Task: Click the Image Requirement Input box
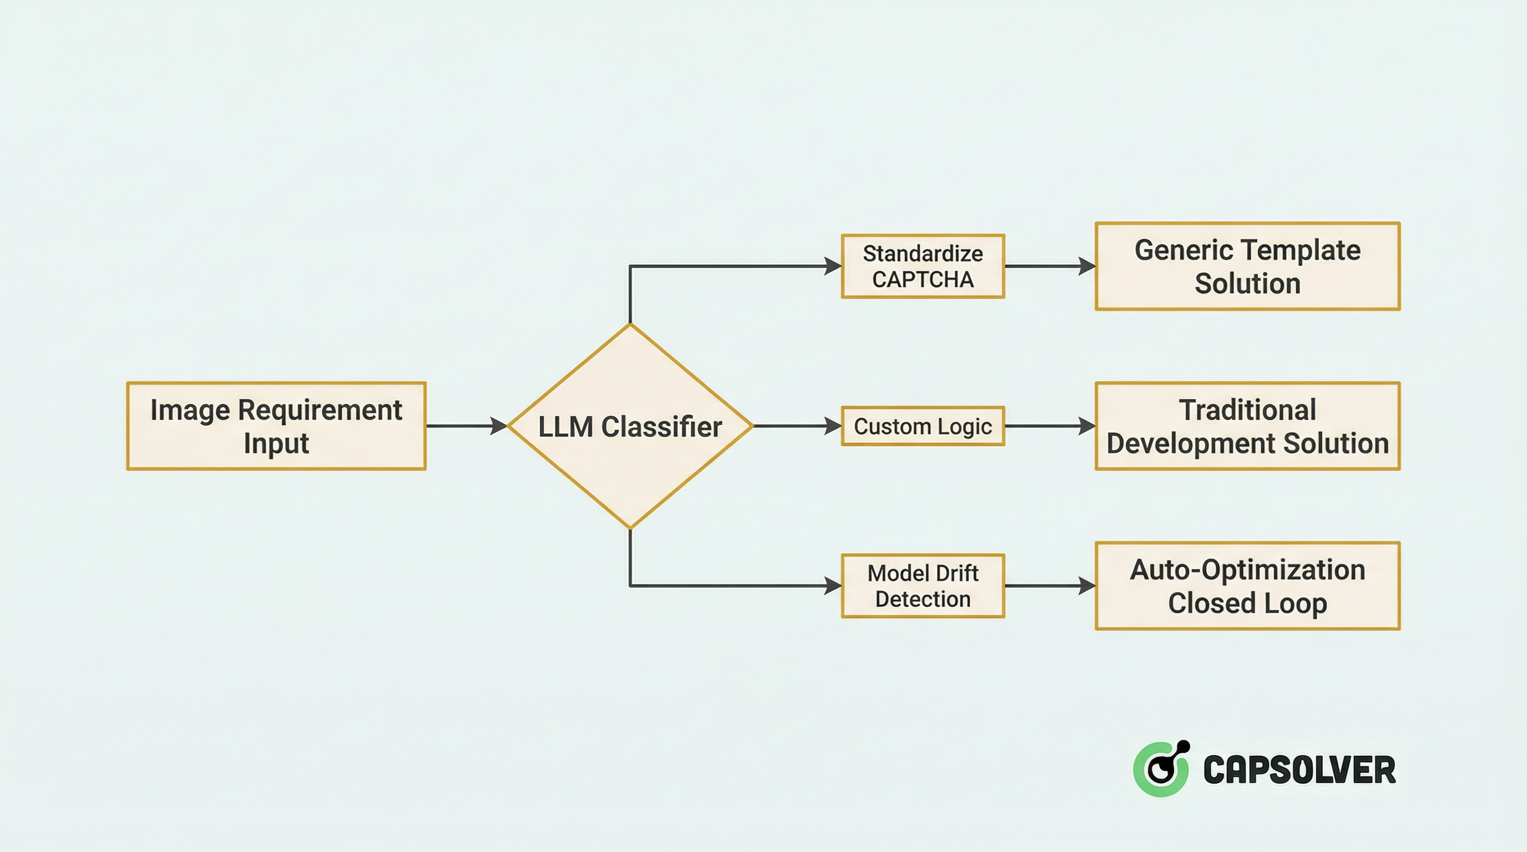pos(276,426)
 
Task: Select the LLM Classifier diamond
pos(630,426)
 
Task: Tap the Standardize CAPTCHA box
pos(923,266)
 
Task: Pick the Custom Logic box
pos(923,426)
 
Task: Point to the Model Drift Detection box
pos(923,586)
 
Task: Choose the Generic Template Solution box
pos(1247,266)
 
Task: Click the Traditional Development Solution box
pos(1247,426)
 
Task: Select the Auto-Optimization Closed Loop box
pos(1247,586)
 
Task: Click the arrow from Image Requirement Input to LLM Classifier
pos(466,426)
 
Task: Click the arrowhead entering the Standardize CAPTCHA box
pos(833,266)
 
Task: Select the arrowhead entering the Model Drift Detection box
pos(833,586)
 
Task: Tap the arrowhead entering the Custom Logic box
pos(833,426)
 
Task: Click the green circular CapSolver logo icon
pos(1161,769)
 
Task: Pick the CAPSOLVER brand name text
pos(1300,770)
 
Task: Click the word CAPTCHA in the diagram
pos(923,280)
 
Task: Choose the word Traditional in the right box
pos(1247,410)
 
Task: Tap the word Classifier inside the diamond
pos(661,427)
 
